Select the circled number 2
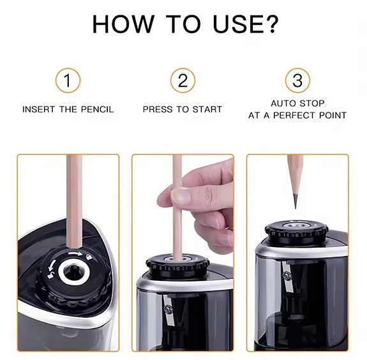coord(183,81)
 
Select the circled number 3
coord(297,81)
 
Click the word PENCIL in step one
coord(96,109)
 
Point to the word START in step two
coord(206,109)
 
